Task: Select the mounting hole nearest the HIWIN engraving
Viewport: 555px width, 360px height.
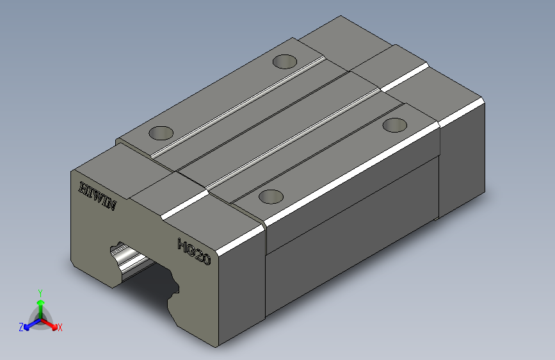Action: click(x=161, y=133)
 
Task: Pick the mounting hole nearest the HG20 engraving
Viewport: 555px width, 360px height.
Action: click(x=271, y=196)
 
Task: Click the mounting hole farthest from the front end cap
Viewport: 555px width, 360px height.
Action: click(x=285, y=61)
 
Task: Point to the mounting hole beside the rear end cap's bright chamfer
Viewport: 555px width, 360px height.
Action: click(x=395, y=124)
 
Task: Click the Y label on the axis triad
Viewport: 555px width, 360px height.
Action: click(x=40, y=292)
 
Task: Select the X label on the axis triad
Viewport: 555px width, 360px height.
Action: click(x=60, y=328)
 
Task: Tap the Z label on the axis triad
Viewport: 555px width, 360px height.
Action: click(x=21, y=327)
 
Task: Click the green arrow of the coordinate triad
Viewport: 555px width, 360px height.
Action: click(x=40, y=304)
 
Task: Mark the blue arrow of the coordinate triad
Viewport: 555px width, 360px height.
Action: click(x=29, y=324)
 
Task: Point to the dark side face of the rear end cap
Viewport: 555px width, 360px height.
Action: click(x=461, y=167)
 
